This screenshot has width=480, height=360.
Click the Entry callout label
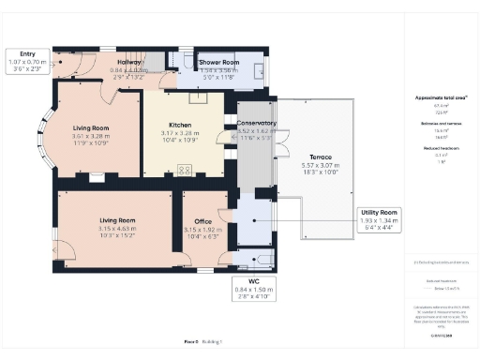tap(28, 54)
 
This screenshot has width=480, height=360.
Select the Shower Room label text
tap(219, 62)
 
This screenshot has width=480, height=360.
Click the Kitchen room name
tap(181, 125)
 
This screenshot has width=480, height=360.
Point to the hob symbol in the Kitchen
tap(185, 170)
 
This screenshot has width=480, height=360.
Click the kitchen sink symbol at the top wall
tap(198, 96)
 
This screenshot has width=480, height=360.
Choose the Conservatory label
tap(256, 123)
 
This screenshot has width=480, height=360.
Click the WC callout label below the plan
tap(253, 280)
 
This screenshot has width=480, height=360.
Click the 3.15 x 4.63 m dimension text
tap(119, 228)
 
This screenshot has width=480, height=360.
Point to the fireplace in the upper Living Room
tap(97, 175)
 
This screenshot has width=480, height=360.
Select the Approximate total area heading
tap(440, 97)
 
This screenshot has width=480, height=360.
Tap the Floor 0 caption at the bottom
tap(191, 342)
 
